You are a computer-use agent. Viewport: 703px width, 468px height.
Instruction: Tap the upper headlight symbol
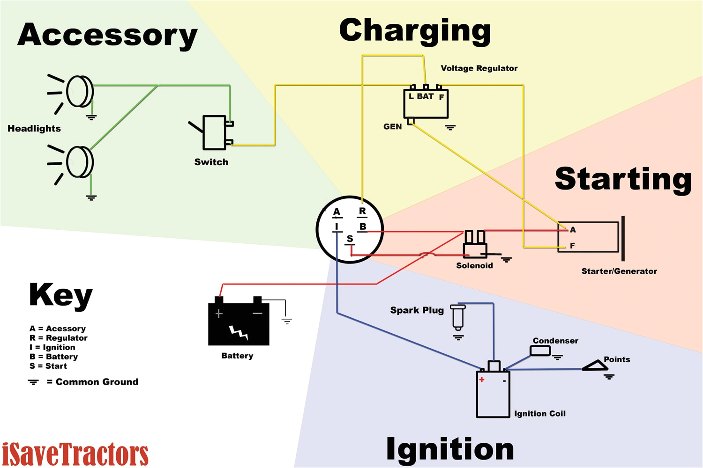click(79, 91)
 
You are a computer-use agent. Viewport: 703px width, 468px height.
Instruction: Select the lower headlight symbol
click(79, 162)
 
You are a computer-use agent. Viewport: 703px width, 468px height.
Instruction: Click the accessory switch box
click(215, 132)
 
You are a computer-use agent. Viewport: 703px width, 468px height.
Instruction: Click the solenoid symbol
click(474, 245)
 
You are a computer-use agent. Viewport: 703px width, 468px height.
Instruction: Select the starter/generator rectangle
click(588, 237)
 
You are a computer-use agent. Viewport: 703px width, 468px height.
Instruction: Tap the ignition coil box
click(493, 393)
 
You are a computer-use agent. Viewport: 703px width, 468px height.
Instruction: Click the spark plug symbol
click(457, 317)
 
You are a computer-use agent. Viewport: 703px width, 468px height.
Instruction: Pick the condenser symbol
click(540, 351)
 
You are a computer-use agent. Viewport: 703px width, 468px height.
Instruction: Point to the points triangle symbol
click(595, 366)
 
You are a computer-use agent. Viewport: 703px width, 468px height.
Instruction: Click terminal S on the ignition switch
click(350, 239)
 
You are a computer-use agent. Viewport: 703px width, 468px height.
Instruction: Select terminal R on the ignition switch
click(362, 212)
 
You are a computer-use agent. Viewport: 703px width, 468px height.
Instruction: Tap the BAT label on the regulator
click(425, 96)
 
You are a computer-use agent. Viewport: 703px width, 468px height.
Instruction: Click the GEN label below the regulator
click(392, 127)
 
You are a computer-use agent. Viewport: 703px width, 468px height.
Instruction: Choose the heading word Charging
click(415, 31)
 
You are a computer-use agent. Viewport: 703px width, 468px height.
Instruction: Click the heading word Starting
click(623, 179)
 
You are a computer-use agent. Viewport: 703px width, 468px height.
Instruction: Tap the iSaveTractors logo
click(75, 453)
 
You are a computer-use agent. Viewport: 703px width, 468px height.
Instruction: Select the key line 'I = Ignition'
click(52, 347)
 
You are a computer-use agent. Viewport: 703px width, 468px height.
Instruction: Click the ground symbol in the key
click(33, 382)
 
